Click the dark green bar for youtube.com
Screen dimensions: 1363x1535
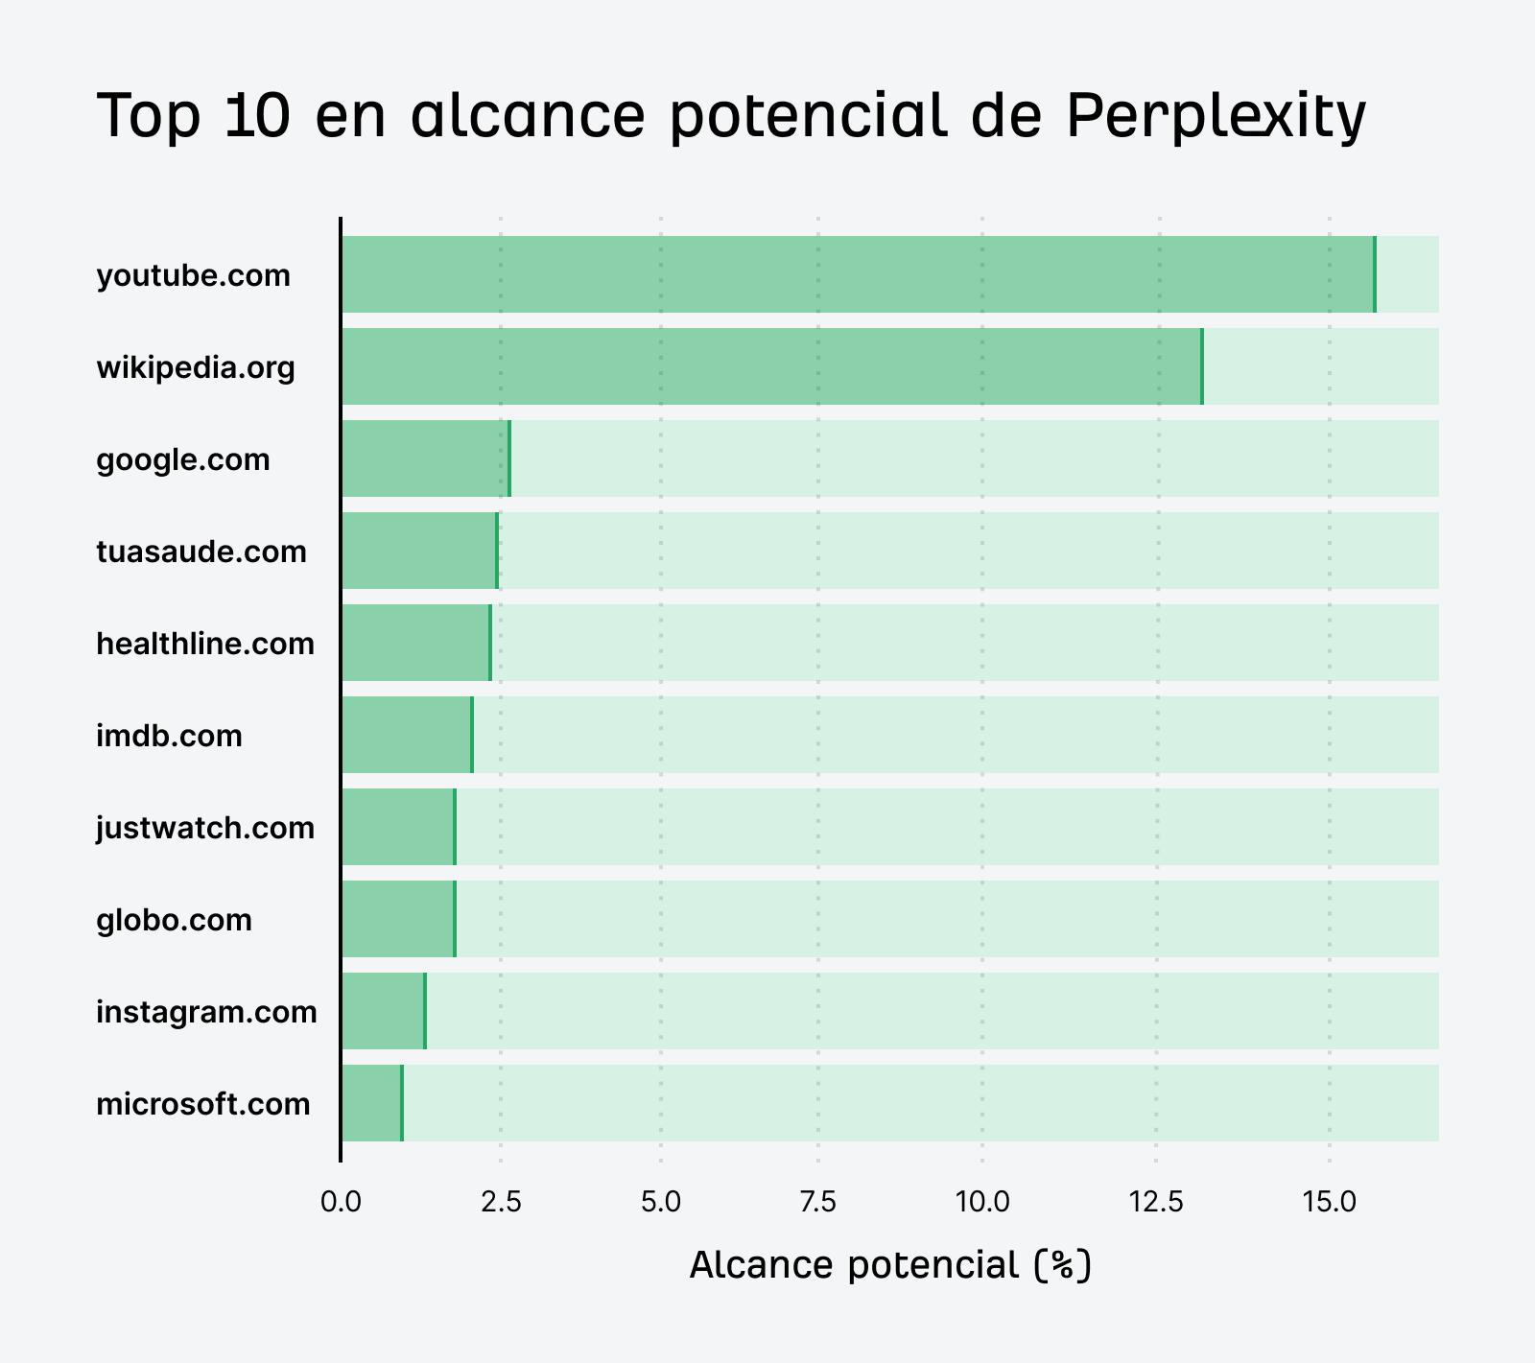click(858, 274)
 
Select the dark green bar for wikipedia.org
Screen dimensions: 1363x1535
click(771, 366)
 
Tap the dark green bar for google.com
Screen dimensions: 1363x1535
click(425, 458)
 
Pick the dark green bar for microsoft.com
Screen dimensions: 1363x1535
click(371, 1103)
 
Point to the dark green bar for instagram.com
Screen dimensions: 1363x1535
click(383, 1011)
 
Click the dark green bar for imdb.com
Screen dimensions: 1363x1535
click(407, 735)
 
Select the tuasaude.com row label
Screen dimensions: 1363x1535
click(201, 552)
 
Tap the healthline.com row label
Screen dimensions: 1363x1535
click(205, 644)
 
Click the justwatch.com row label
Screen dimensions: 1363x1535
click(205, 828)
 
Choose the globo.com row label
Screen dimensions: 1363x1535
click(174, 920)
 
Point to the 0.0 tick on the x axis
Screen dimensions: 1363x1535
click(341, 1202)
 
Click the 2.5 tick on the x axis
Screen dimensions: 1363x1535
click(500, 1202)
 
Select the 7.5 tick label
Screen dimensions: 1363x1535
click(818, 1202)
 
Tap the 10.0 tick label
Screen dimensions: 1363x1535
click(981, 1202)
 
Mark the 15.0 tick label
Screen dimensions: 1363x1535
click(1329, 1202)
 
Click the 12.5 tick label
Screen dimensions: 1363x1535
click(1158, 1202)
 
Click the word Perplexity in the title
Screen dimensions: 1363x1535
click(1216, 117)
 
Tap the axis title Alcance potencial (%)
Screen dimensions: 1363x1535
click(890, 1266)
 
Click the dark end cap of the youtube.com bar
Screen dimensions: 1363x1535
click(1374, 274)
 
